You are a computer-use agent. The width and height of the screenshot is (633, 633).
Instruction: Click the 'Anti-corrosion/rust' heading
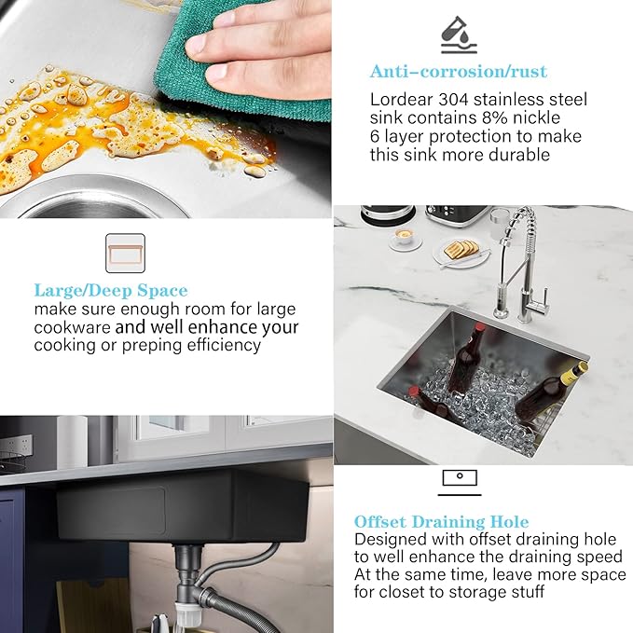(458, 72)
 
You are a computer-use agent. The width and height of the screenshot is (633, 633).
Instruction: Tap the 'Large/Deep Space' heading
(111, 291)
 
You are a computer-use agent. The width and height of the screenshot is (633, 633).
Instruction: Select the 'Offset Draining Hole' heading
(441, 521)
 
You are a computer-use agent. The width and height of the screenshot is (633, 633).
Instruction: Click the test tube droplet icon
(459, 34)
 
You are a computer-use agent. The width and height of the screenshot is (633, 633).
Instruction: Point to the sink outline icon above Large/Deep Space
(125, 254)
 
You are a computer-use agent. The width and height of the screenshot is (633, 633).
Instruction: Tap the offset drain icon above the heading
(460, 482)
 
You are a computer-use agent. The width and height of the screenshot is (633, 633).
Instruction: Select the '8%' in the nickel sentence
(494, 117)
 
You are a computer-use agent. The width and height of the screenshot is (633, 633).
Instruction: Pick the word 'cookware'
(72, 327)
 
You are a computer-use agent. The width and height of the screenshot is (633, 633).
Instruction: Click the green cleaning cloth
(238, 64)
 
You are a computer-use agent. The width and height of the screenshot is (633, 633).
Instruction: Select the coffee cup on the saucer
(404, 237)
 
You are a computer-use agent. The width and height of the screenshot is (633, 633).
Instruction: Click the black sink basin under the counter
(182, 506)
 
